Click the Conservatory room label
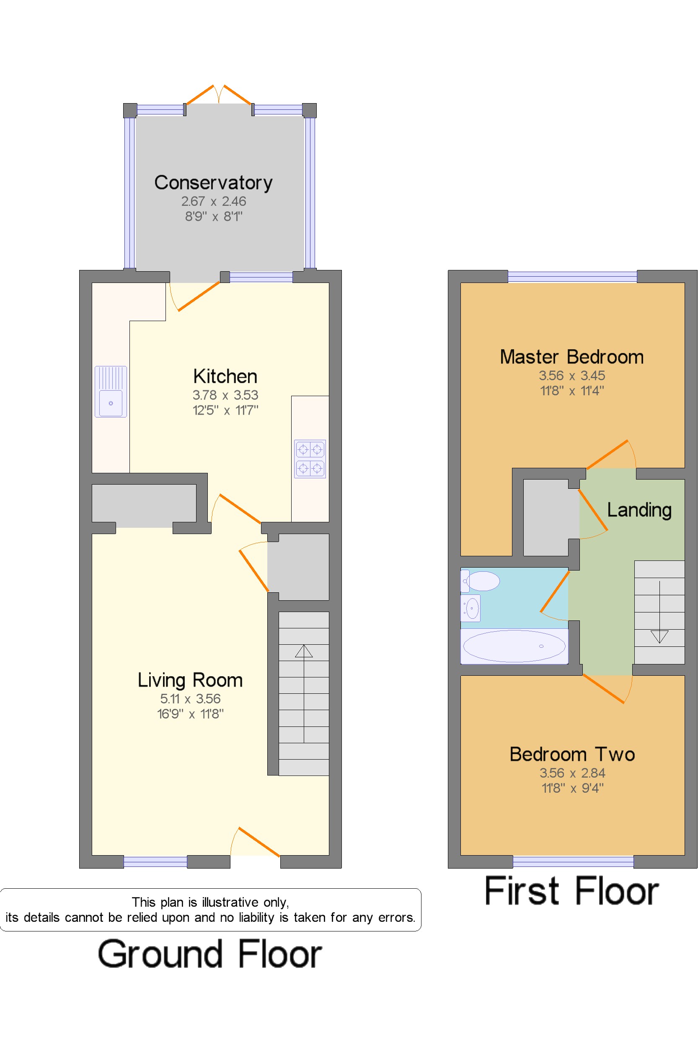click(x=213, y=183)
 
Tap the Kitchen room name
click(x=225, y=376)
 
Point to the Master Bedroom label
click(x=571, y=357)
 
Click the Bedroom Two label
click(x=572, y=755)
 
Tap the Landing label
click(x=639, y=511)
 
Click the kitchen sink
click(x=111, y=392)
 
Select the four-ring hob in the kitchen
click(x=310, y=459)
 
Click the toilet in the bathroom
click(x=480, y=581)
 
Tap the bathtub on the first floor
click(x=514, y=646)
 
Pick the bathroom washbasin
click(x=471, y=608)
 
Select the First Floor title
click(x=571, y=891)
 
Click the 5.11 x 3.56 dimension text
click(x=190, y=699)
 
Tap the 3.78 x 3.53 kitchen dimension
click(x=225, y=395)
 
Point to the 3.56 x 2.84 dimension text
click(x=572, y=773)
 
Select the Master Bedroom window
click(x=572, y=277)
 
